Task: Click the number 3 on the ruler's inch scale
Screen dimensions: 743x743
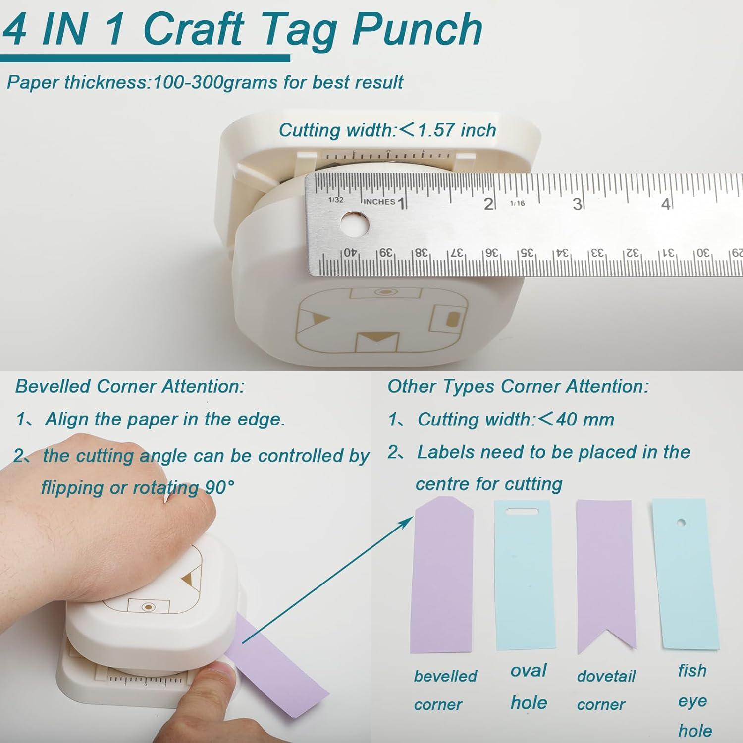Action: [x=576, y=204]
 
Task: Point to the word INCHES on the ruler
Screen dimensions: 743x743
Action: [x=379, y=201]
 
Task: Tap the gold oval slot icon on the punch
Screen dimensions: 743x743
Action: [x=452, y=319]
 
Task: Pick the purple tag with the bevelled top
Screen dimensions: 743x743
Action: [x=442, y=575]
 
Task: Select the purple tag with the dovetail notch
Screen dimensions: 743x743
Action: [x=606, y=575]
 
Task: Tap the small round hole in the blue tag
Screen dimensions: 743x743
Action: [x=682, y=523]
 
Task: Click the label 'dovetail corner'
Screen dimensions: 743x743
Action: [x=605, y=690]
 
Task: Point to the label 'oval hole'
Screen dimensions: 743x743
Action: [x=529, y=687]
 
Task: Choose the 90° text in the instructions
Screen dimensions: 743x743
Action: [x=219, y=488]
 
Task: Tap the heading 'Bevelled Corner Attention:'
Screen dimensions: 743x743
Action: [x=130, y=386]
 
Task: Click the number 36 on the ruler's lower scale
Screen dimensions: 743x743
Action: [x=491, y=252]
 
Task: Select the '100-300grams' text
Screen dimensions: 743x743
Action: [x=215, y=82]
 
